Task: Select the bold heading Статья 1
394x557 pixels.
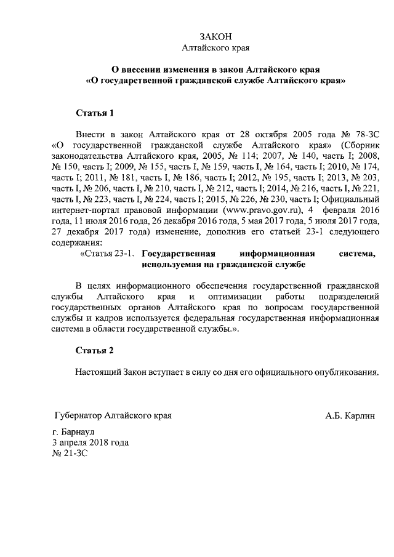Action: (x=95, y=113)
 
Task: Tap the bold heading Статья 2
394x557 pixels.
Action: (x=95, y=351)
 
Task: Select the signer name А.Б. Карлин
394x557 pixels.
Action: (x=350, y=415)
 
